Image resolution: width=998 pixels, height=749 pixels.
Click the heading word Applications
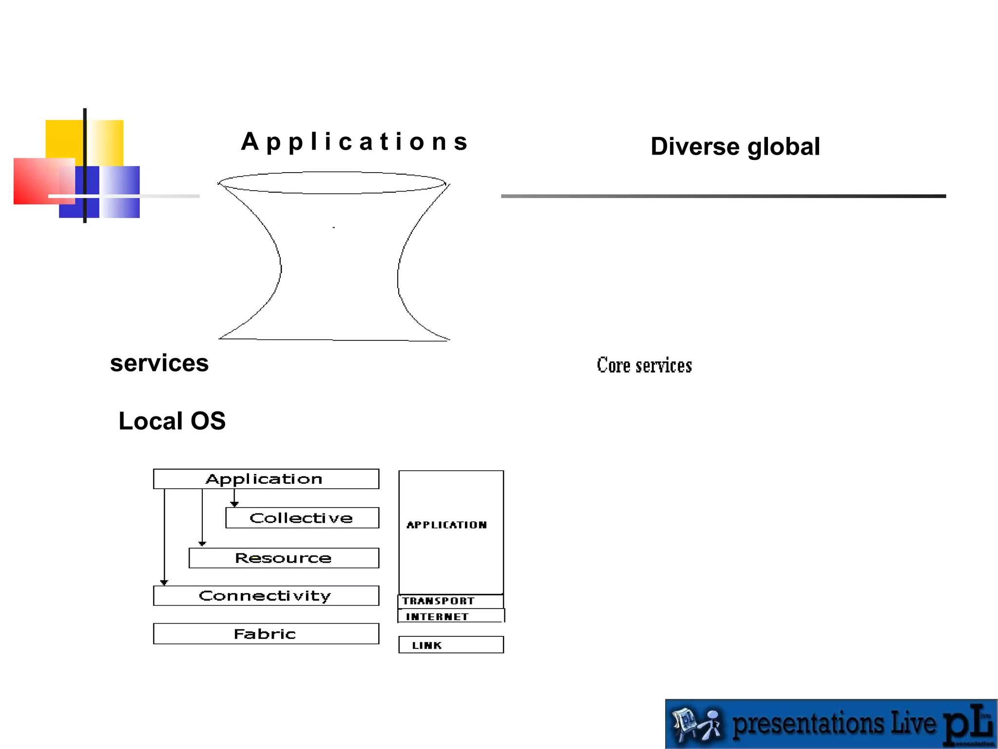click(x=355, y=142)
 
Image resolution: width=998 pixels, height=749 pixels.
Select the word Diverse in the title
click(x=695, y=146)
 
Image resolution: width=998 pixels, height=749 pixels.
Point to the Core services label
click(x=644, y=365)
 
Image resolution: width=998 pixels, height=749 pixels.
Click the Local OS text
click(x=172, y=421)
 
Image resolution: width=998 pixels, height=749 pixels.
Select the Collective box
click(x=302, y=518)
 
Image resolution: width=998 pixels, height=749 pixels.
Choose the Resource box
click(x=284, y=558)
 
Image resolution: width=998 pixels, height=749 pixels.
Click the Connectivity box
click(x=266, y=596)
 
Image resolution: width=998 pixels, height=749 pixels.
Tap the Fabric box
click(x=266, y=634)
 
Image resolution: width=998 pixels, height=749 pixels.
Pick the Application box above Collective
click(x=266, y=479)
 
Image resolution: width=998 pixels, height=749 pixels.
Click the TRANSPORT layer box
click(x=450, y=601)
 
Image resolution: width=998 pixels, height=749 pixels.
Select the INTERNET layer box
click(x=450, y=616)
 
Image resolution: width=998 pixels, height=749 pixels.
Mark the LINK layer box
click(x=450, y=645)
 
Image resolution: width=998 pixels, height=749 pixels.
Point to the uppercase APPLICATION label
click(x=446, y=525)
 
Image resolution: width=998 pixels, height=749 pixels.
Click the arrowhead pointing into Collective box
click(x=234, y=504)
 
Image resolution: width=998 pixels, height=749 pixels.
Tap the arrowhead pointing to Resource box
click(x=202, y=543)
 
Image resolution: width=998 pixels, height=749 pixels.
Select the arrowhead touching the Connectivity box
click(x=164, y=582)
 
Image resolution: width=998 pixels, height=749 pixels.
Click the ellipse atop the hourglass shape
click(x=332, y=183)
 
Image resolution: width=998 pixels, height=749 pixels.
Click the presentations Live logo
click(x=831, y=724)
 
